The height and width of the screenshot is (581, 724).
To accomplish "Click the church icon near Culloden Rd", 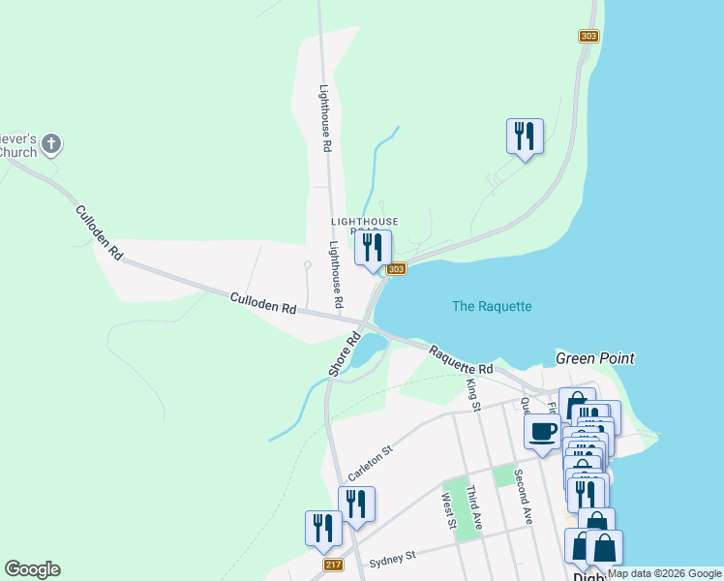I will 52,145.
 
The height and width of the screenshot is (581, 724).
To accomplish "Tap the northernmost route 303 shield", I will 588,36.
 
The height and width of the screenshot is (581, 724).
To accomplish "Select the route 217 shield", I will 332,564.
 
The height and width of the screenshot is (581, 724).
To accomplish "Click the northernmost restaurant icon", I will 525,136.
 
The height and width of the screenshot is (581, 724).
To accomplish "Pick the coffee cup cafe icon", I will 543,431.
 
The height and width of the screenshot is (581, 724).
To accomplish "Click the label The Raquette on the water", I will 492,306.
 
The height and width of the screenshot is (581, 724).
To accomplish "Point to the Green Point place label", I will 594,358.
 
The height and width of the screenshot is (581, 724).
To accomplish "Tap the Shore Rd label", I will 344,354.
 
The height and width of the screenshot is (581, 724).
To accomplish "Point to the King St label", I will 473,395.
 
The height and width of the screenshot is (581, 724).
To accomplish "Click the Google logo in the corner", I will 32,569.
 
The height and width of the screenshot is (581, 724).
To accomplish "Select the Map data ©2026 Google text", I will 664,574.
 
